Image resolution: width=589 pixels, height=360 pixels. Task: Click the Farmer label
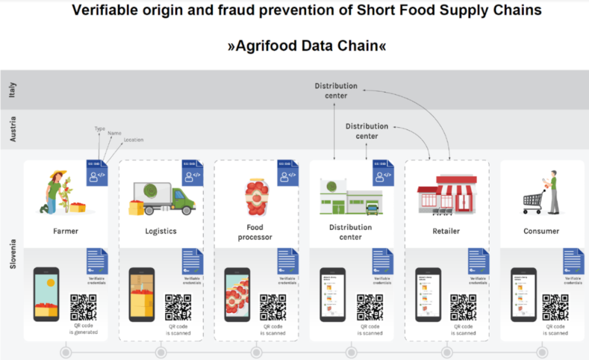click(65, 231)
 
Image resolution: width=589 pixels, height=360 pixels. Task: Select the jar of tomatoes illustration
click(256, 196)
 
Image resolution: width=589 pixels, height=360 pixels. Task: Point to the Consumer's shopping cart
click(532, 202)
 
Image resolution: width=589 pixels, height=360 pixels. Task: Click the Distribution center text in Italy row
click(336, 91)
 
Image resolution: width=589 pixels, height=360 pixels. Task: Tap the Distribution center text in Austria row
click(367, 131)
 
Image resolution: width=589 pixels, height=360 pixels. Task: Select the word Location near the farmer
click(134, 140)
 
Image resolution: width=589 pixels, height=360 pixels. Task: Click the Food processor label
click(255, 232)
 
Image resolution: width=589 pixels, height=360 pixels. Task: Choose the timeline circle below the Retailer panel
click(446, 352)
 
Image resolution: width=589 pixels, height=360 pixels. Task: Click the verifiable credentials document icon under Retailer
click(478, 261)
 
